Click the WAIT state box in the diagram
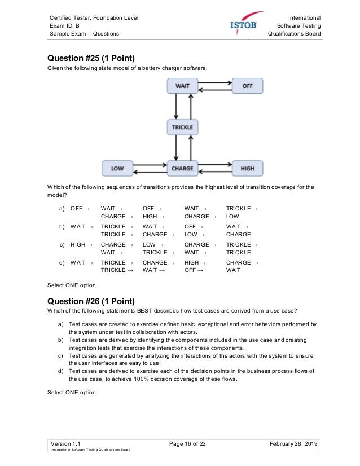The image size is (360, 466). point(182,86)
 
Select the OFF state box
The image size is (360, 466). point(247,86)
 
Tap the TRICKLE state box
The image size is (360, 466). point(182,127)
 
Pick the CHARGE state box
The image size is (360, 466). point(182,168)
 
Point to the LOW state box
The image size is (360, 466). point(117,168)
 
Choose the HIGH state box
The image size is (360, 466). point(247,168)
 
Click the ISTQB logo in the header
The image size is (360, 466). point(247,24)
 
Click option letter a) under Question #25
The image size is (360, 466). point(61,209)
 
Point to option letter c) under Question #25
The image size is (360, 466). point(61,245)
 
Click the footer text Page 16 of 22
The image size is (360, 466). point(187,445)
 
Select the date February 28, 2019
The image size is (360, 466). point(294,445)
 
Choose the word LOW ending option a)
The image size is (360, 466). point(232,216)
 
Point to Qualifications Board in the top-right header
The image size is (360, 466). point(295,34)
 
